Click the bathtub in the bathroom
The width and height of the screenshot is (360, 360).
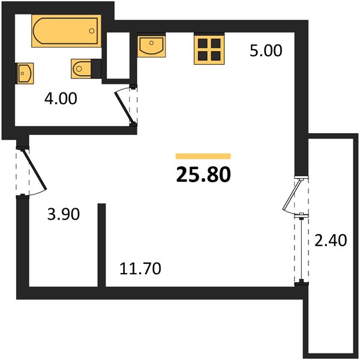67,31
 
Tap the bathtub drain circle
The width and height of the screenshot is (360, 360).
92,31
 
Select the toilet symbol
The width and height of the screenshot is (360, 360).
81,68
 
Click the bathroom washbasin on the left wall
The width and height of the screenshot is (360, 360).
25,73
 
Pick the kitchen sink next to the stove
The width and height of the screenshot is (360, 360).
152,45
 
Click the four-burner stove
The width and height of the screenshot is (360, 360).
209,49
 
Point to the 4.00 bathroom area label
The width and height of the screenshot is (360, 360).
61,98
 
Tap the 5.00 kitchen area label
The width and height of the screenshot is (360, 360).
266,51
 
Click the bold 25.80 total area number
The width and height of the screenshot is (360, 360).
203,174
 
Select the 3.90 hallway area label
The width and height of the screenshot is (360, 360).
64,214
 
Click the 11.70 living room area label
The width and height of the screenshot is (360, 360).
140,269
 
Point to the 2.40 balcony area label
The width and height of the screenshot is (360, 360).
331,241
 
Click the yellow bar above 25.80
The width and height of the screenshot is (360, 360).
203,156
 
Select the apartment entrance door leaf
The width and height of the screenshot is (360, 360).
34,170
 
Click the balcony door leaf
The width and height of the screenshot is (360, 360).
292,194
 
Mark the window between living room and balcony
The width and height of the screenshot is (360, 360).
301,249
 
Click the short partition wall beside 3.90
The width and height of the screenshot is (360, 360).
102,245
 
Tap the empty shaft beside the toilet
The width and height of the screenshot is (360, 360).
118,56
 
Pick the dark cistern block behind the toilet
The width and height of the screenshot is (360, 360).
96,68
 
